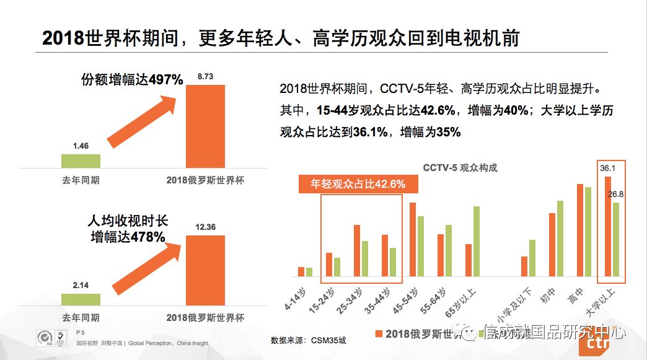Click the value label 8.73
[x=206, y=76]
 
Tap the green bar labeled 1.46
[x=81, y=160]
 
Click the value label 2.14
[x=81, y=284]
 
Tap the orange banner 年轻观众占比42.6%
[x=358, y=184]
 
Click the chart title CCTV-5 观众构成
[x=460, y=168]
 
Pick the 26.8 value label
[x=616, y=194]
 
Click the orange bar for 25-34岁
[x=357, y=250]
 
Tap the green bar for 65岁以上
[x=477, y=241]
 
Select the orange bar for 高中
[x=580, y=230]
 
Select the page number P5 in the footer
[x=80, y=332]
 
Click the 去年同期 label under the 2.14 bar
[x=81, y=318]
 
